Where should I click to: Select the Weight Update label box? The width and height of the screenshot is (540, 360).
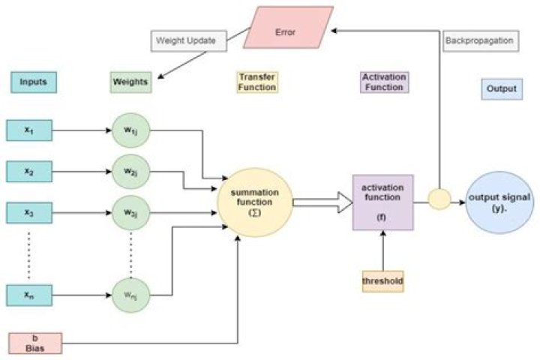pyautogui.click(x=188, y=40)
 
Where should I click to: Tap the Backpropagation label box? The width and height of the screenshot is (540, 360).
pyautogui.click(x=479, y=40)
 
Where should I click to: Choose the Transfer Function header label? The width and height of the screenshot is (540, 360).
pyautogui.click(x=256, y=82)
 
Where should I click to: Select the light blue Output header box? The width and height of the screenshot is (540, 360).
pyautogui.click(x=500, y=88)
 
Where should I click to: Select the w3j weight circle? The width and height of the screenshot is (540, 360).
pyautogui.click(x=130, y=211)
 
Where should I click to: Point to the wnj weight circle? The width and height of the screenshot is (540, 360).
pyautogui.click(x=130, y=294)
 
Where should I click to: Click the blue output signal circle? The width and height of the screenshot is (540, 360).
pyautogui.click(x=499, y=201)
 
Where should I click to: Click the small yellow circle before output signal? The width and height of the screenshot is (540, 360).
pyautogui.click(x=438, y=199)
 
